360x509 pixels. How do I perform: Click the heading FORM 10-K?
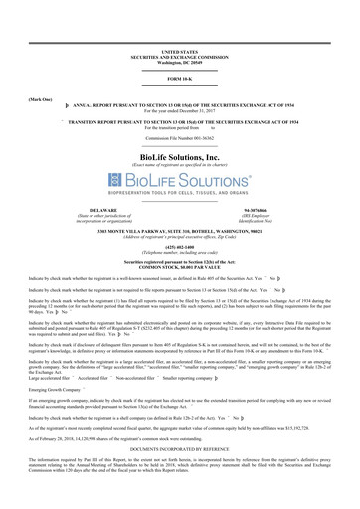[180, 79]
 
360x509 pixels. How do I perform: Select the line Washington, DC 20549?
[180, 60]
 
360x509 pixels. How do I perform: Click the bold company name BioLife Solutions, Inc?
[180, 157]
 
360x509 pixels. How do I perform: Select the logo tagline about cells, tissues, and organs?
[180, 194]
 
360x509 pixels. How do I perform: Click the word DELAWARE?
[104, 210]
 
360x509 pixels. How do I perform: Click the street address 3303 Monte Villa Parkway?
[180, 230]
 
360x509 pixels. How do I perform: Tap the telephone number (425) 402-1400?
[180, 246]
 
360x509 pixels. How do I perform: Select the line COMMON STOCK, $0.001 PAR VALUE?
[180, 265]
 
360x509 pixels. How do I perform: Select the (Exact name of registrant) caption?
[180, 165]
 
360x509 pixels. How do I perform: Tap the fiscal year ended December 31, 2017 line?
[180, 111]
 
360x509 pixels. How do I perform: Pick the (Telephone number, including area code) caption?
[180, 251]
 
